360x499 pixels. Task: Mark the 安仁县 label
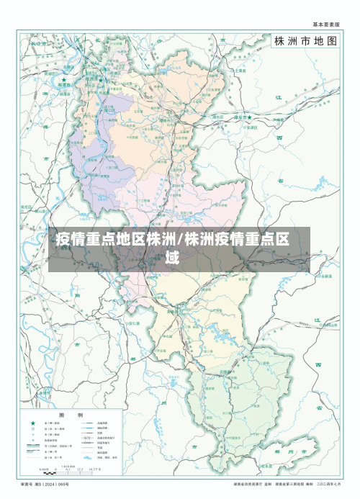133,324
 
